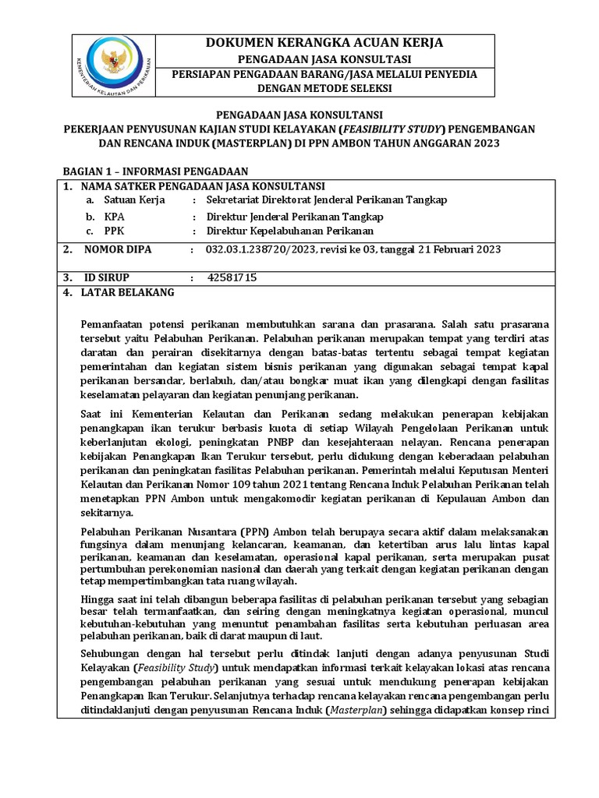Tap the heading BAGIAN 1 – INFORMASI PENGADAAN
coord(155,171)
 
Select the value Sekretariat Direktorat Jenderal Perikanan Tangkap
coord(326,200)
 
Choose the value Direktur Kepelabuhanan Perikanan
coord(289,231)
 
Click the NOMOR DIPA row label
coord(118,249)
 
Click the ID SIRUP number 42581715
coord(232,277)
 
